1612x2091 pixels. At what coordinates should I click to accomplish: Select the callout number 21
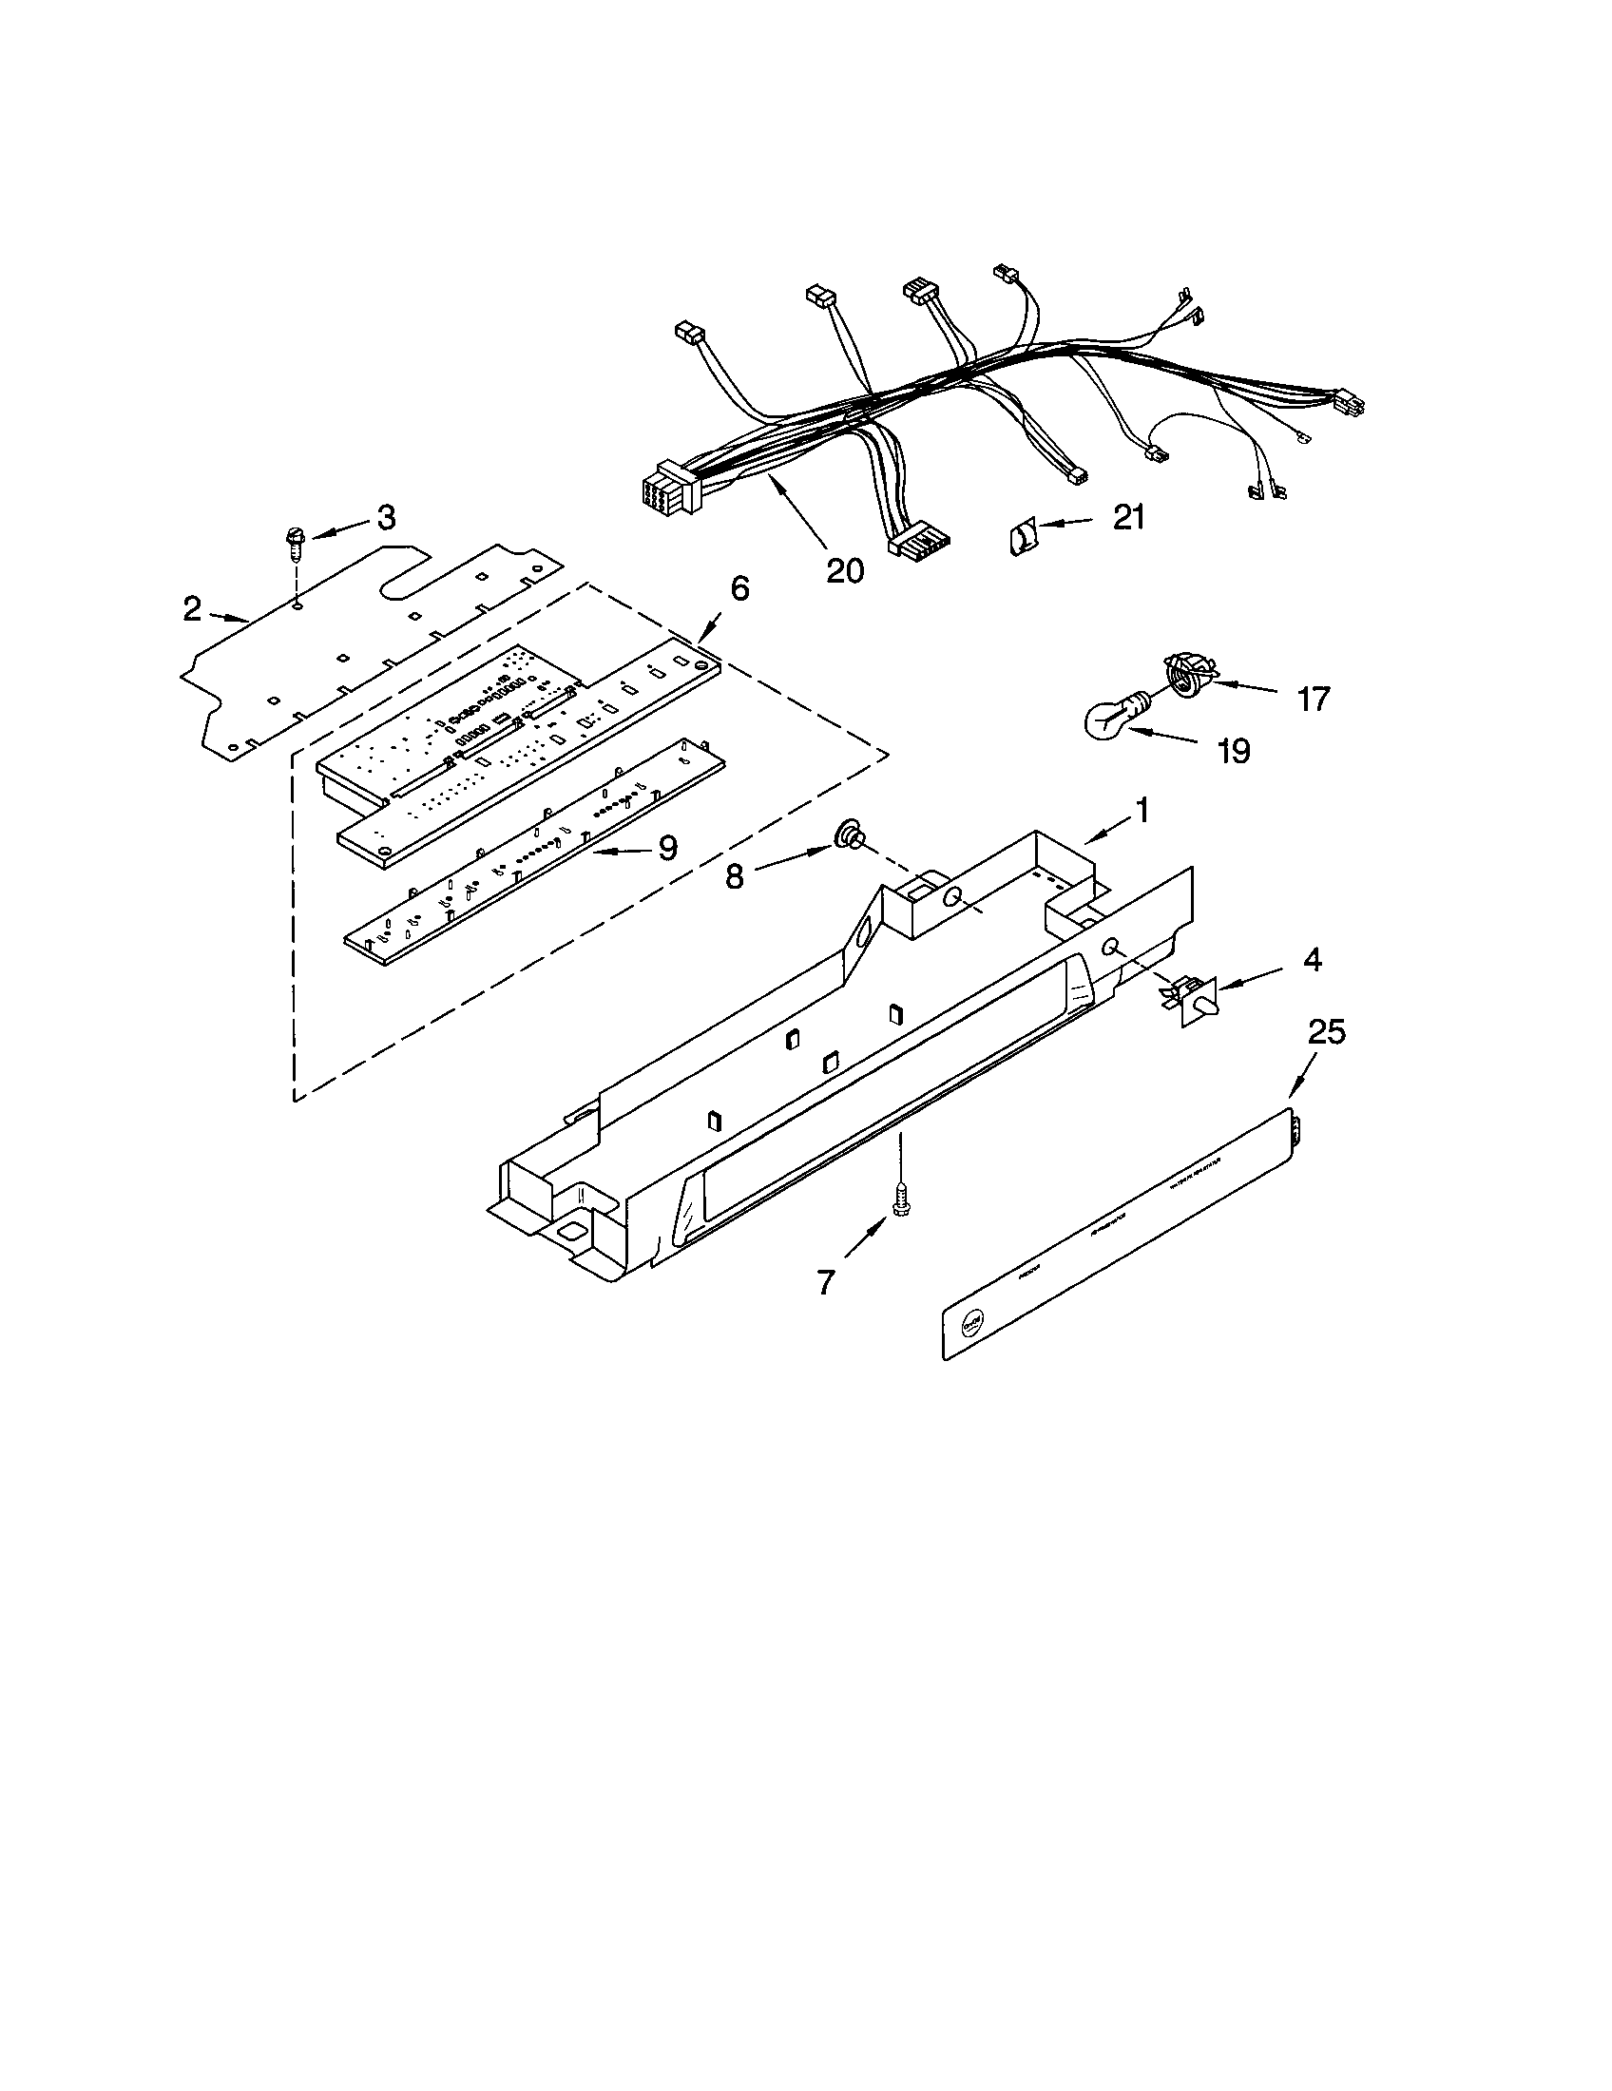click(x=1128, y=517)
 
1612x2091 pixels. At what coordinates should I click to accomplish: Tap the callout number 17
click(x=1314, y=699)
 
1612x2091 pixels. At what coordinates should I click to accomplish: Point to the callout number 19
click(x=1235, y=751)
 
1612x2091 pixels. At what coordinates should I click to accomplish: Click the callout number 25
click(x=1327, y=1031)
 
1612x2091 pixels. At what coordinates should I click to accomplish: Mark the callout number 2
click(x=192, y=608)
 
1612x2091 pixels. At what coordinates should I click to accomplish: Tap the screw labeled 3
click(x=293, y=548)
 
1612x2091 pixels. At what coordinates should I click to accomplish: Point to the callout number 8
click(x=734, y=876)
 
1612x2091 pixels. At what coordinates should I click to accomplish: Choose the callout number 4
click(x=1313, y=959)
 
